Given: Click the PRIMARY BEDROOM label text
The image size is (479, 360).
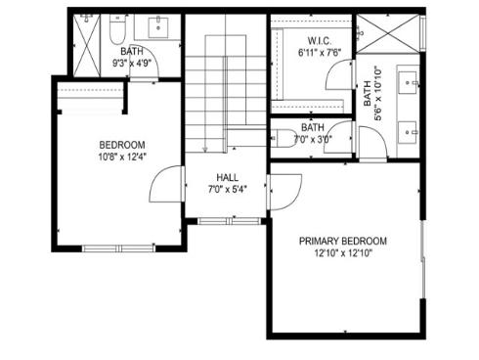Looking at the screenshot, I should (x=342, y=242).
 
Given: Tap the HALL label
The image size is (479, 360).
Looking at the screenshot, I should (x=227, y=177).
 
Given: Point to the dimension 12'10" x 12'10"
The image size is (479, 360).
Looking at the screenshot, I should (x=342, y=253).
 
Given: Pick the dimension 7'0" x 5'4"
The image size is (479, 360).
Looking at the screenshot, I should (x=227, y=189).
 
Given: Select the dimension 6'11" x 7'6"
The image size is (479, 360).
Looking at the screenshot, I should (x=317, y=54).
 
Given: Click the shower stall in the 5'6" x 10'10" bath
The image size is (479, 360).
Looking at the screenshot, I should (x=388, y=36).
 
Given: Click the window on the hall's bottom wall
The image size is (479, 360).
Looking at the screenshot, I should (x=226, y=221).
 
